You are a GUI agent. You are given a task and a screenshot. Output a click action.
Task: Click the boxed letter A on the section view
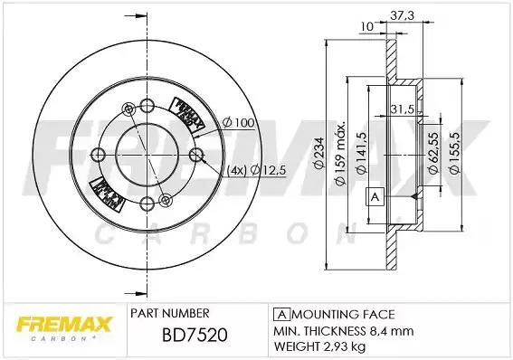[x=373, y=197]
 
